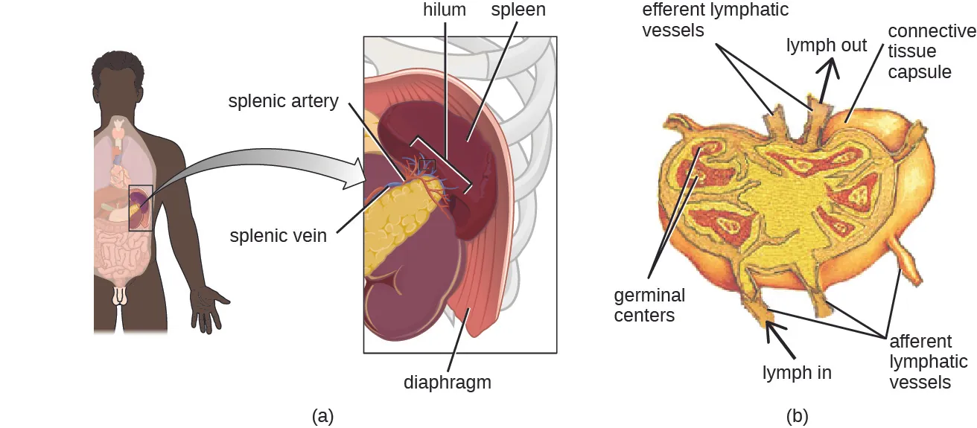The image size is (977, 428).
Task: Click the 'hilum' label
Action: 444,10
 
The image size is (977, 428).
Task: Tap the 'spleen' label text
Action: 518,10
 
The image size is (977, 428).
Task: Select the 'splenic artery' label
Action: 283,101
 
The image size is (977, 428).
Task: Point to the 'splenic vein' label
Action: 279,236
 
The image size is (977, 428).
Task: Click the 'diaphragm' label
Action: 448,383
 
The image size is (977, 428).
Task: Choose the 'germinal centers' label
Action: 649,305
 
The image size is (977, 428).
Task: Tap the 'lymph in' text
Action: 797,373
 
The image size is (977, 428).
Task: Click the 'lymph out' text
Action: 827,45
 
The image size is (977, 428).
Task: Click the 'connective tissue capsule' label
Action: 931,51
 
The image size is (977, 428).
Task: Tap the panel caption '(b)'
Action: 797,415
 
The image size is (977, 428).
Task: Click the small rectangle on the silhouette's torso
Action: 141,208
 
